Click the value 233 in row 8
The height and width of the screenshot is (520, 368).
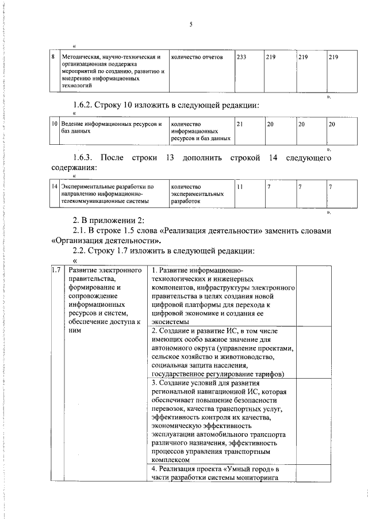241,57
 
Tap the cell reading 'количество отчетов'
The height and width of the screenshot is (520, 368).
197,57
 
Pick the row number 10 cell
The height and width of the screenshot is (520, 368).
53,124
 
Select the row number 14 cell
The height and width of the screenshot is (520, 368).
53,187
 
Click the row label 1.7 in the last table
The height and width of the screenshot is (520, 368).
56,271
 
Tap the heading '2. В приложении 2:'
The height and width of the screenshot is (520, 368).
107,221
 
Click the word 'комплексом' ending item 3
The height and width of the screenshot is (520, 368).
170,460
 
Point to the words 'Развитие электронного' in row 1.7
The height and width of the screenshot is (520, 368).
105,271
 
